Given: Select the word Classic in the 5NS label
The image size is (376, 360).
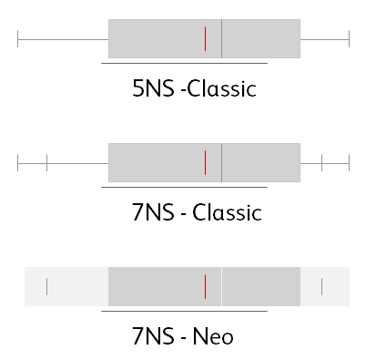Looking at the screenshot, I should coord(220,89).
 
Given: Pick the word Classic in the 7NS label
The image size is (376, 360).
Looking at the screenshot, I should coord(228,213).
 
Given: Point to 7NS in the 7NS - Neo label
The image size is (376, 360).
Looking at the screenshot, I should coord(154,337).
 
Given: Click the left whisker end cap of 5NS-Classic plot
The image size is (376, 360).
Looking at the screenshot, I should coord(18,39).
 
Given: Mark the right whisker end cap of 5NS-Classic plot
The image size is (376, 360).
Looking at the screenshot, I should coord(350,39).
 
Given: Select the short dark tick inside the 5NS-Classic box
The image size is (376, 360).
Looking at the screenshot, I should coord(206,39).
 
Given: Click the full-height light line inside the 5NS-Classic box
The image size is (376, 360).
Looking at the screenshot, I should coord(222,39).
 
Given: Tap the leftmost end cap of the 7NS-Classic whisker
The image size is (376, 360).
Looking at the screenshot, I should coord(18,163).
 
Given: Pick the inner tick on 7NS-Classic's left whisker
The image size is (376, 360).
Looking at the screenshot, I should coord(46,163).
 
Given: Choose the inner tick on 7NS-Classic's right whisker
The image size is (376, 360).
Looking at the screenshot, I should coord(322,163).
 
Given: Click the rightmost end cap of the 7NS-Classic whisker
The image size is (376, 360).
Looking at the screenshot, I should coord(350,163).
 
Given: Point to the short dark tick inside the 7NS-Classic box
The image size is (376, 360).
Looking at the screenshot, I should coord(206,163).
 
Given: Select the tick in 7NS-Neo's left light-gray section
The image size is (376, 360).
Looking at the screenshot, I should coord(46,286).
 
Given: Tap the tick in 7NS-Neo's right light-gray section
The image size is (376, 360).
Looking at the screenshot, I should coord(322,286).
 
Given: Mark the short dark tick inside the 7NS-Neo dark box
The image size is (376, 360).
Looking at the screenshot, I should coord(206,286).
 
